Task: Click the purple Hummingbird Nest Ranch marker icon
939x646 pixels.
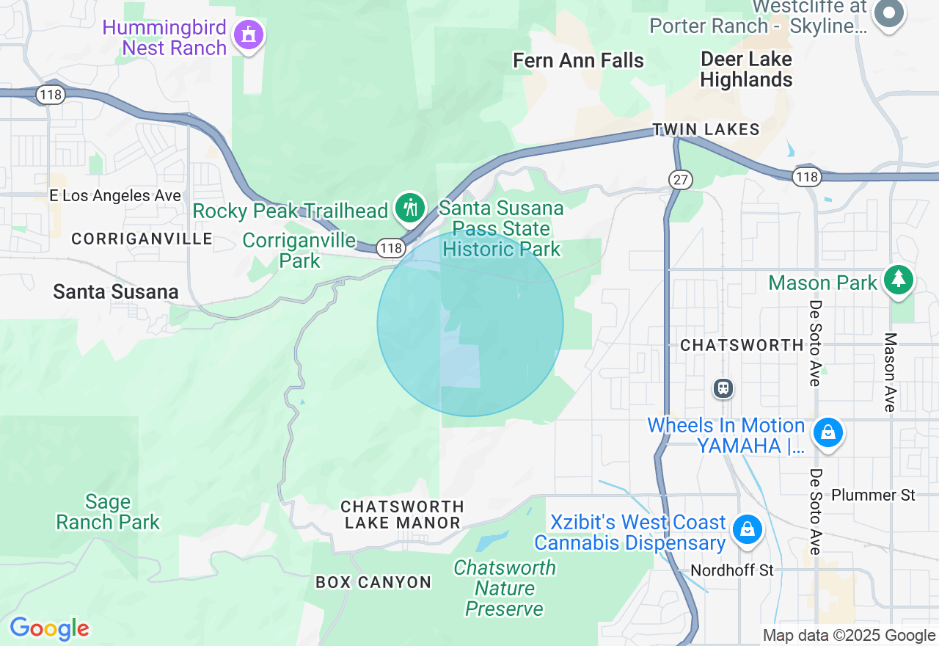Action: click(249, 35)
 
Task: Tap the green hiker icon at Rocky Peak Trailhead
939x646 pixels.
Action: click(410, 209)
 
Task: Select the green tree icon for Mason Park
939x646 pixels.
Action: click(899, 280)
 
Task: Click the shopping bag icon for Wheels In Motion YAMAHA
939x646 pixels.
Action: click(828, 432)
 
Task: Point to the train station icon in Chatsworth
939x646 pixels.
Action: click(723, 388)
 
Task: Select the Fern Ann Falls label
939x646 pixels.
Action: click(579, 60)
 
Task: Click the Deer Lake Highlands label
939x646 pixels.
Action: click(746, 69)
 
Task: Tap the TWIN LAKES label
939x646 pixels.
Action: click(706, 130)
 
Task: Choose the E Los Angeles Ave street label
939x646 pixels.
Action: click(115, 196)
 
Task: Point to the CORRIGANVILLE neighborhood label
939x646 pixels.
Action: click(142, 239)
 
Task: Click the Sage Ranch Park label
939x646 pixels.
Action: click(108, 512)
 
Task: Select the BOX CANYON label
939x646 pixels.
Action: click(373, 583)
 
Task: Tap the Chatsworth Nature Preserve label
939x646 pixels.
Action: click(505, 588)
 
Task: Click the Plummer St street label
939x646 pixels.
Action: click(873, 496)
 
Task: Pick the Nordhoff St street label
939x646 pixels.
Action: click(732, 570)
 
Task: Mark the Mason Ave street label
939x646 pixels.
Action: click(890, 371)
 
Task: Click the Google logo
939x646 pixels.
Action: click(49, 629)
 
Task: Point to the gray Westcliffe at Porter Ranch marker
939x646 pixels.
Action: click(889, 12)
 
